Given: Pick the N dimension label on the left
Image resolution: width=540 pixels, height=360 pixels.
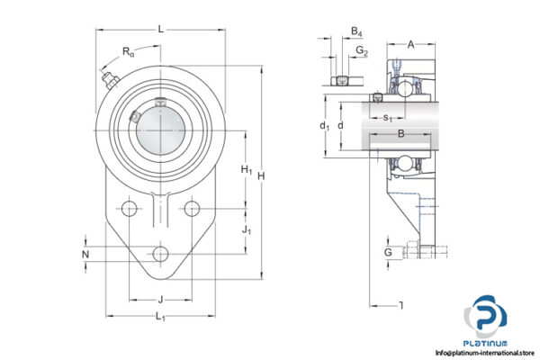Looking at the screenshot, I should click(x=85, y=255).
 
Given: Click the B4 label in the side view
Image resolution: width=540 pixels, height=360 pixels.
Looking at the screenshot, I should click(x=356, y=31).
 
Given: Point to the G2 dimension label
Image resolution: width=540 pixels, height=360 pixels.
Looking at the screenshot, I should click(x=362, y=51).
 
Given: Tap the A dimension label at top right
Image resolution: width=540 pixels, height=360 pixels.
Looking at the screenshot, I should click(x=410, y=44).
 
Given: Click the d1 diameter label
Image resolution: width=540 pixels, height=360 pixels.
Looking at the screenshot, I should click(x=324, y=126).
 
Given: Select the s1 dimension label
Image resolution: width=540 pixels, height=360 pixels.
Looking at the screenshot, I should click(x=387, y=118).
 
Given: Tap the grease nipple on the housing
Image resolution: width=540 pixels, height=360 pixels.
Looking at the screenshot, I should click(x=110, y=83).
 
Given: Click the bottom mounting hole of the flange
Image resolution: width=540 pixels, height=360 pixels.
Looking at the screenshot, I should click(x=160, y=254).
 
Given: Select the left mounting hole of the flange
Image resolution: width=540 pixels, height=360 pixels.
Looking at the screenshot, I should click(x=130, y=210).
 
